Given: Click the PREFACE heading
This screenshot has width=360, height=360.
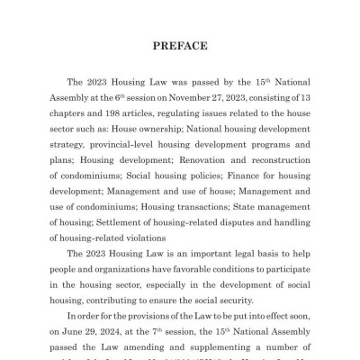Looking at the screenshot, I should (180, 45).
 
